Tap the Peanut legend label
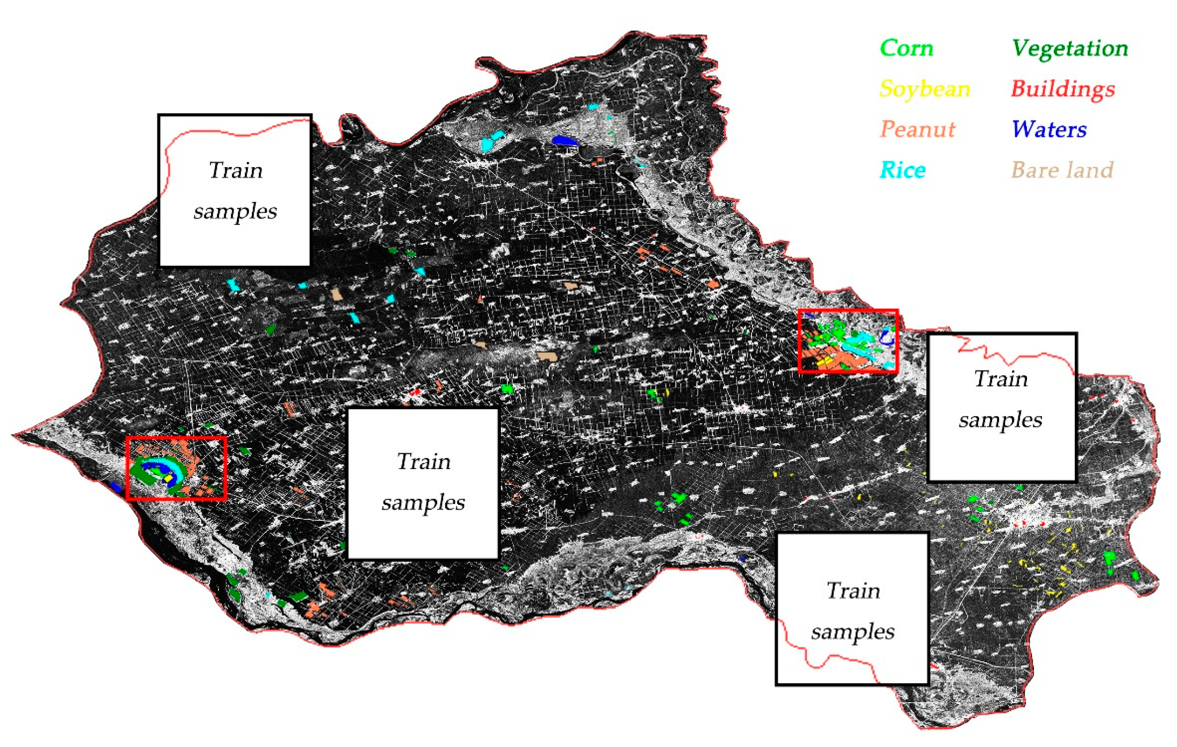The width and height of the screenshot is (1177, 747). tap(917, 130)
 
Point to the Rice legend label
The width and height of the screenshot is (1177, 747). tap(902, 170)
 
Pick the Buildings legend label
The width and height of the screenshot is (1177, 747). tap(1063, 89)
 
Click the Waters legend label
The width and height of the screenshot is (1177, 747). tap(1049, 130)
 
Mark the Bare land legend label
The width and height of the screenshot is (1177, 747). tap(1062, 170)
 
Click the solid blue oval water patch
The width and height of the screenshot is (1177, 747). tap(564, 141)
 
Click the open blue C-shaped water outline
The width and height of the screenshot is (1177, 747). tap(887, 338)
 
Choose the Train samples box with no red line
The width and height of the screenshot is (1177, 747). tap(423, 483)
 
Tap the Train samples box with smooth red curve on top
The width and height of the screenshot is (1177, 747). tap(235, 190)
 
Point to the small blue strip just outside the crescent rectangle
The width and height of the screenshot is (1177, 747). tap(115, 486)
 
